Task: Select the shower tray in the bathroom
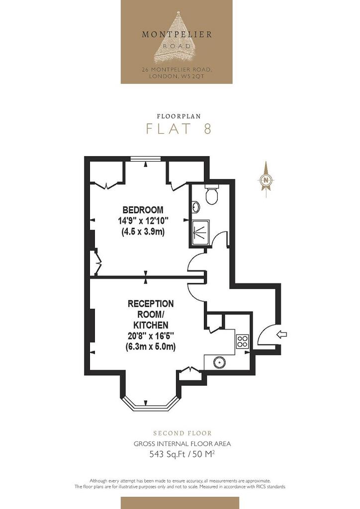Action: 200,233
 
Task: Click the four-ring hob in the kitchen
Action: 243,341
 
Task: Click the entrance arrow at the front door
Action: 282,335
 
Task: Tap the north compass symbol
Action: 266,179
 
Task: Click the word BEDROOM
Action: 143,210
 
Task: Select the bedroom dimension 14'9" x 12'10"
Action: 143,221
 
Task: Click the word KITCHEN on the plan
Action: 151,325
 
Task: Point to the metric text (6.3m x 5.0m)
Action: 151,346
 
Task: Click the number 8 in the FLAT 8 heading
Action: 208,129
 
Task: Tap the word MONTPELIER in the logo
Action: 177,34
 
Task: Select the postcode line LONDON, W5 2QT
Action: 177,76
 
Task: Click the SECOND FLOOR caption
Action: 182,433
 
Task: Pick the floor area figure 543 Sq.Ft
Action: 167,454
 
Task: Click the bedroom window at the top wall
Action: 145,159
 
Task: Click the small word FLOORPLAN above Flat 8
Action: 179,116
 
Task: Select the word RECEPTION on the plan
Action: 151,304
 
